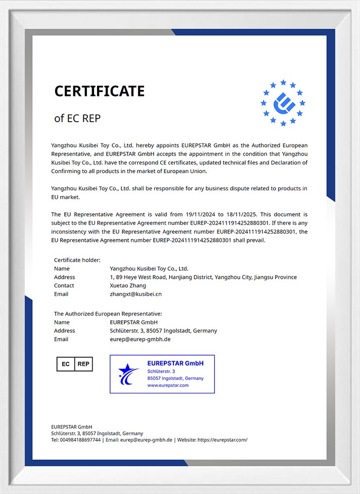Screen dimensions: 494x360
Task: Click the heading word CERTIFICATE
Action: (99, 91)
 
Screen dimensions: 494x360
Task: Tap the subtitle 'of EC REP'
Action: (77, 118)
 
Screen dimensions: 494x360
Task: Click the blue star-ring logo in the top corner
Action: (283, 103)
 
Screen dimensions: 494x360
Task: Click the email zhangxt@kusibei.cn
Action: (136, 294)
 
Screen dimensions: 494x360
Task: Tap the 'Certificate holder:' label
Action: (77, 260)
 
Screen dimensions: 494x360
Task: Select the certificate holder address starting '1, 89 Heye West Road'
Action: (203, 277)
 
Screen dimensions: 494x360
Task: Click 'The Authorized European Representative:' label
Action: (108, 314)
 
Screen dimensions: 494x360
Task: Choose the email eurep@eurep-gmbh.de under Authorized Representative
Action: (140, 339)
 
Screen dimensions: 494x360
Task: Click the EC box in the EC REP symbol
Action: (65, 364)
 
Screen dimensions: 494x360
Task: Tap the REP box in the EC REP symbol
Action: (83, 364)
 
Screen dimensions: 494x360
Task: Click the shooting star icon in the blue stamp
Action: (128, 374)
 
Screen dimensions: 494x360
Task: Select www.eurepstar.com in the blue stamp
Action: (168, 385)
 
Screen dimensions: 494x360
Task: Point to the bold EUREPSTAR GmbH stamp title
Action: (175, 363)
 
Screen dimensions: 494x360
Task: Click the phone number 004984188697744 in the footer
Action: (80, 440)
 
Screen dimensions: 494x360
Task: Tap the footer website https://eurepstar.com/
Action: (222, 440)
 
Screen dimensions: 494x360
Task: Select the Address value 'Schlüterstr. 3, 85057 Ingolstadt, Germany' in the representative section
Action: (163, 331)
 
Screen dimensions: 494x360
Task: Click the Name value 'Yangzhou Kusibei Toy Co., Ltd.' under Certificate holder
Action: (149, 269)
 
